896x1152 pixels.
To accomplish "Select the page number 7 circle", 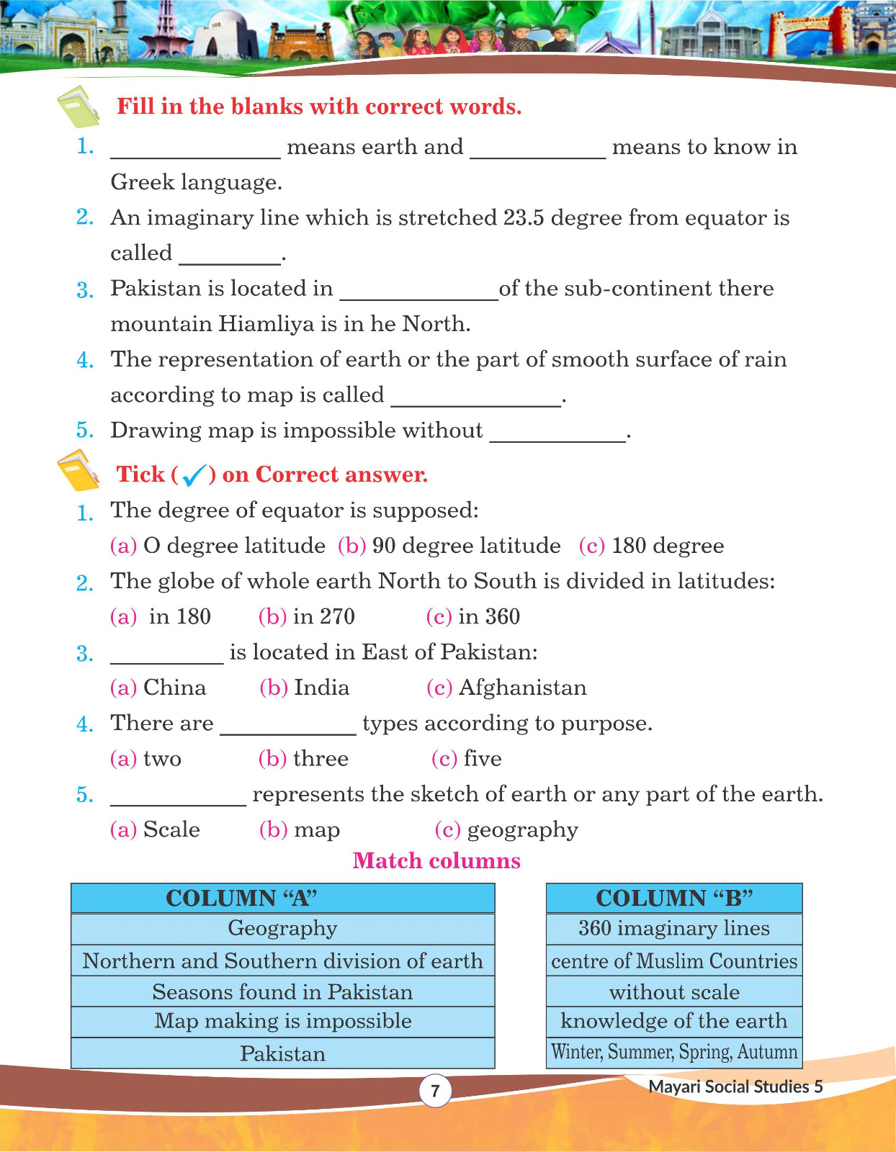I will point(435,1091).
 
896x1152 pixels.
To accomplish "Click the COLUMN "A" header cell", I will point(282,898).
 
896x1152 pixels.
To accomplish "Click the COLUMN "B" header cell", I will point(673,898).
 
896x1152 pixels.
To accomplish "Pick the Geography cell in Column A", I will point(282,929).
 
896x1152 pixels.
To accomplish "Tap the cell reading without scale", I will point(673,992).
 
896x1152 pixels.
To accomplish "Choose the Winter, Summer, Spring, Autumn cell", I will point(673,1052).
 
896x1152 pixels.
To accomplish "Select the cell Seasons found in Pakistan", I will point(282,992).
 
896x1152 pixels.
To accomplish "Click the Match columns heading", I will point(436,861).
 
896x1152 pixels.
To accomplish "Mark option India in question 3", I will point(321,688).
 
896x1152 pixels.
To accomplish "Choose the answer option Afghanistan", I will point(522,688).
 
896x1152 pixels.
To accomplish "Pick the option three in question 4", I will point(321,759).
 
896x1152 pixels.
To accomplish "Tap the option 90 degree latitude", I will point(466,546).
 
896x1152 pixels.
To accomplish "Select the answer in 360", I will point(488,617).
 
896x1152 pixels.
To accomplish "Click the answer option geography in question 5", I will point(522,830).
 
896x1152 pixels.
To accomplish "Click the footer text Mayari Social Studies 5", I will point(735,1087).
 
